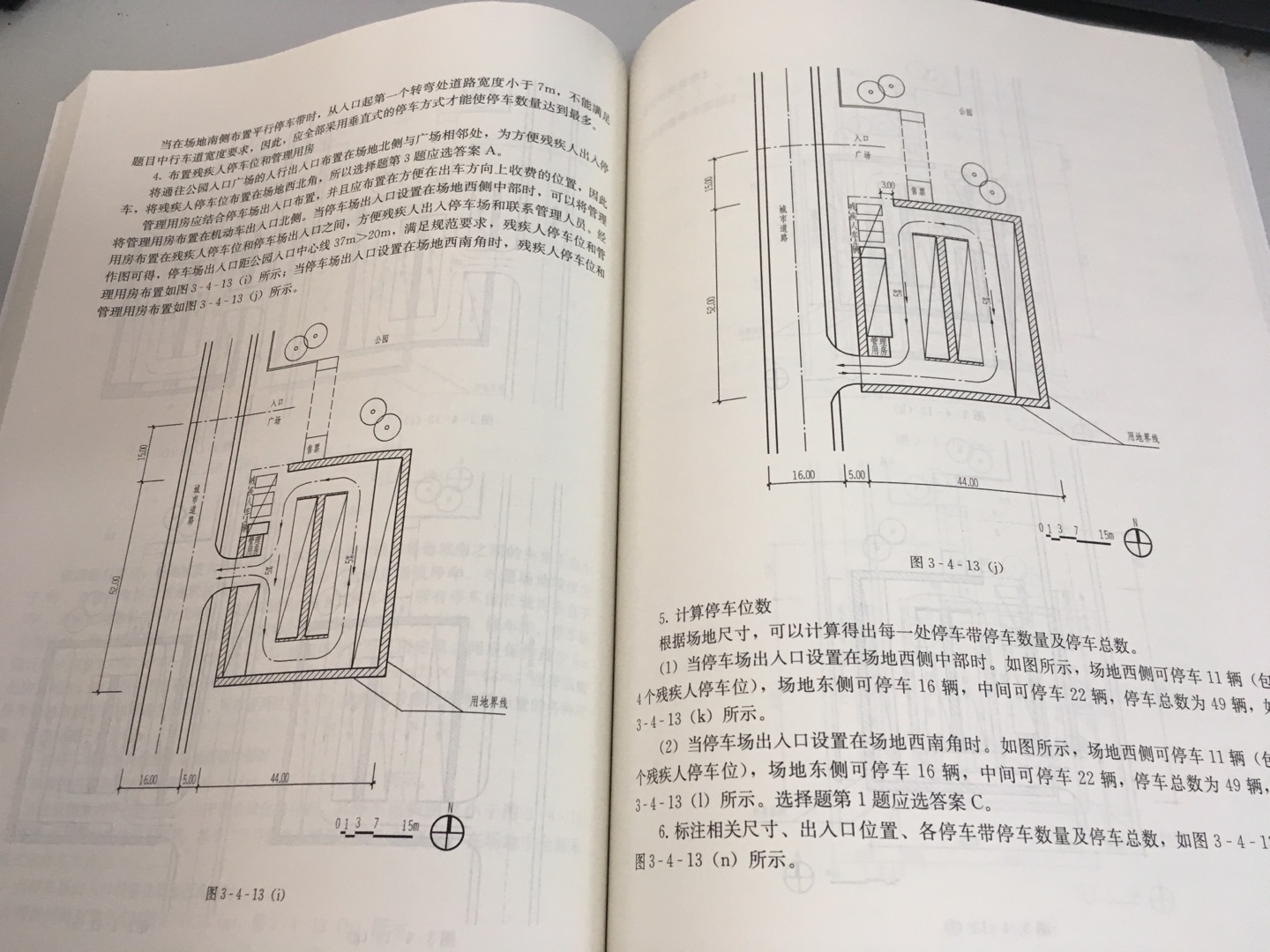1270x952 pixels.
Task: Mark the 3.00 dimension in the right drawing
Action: click(x=888, y=186)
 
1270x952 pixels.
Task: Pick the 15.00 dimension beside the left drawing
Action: click(x=142, y=459)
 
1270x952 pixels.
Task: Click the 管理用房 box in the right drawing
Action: click(x=878, y=346)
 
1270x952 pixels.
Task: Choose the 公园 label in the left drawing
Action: click(x=380, y=338)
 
